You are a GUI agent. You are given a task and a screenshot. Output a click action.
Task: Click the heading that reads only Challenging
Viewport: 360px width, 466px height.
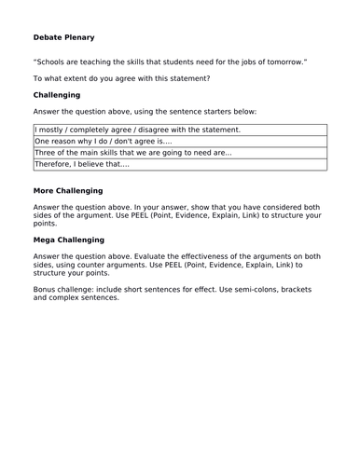tap(56, 95)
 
